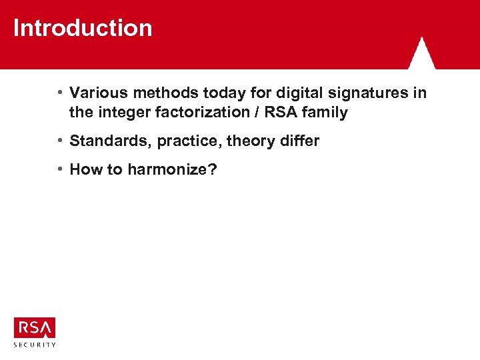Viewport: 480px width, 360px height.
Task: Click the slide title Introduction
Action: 83,29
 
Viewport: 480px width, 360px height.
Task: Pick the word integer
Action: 124,113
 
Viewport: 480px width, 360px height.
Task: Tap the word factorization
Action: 202,113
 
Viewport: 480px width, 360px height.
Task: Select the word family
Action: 325,113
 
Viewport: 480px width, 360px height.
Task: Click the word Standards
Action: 110,141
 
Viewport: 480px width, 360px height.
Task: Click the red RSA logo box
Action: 34,327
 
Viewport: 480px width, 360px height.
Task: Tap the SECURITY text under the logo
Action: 34,345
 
